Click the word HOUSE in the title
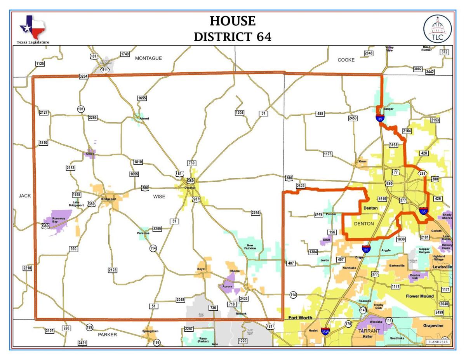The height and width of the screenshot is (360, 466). pyautogui.click(x=233, y=21)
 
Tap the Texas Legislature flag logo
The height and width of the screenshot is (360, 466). pyautogui.click(x=33, y=27)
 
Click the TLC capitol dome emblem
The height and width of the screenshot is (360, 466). pyautogui.click(x=437, y=29)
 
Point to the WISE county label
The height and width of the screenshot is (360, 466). pyautogui.click(x=159, y=197)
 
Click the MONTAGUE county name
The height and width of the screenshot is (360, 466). pyautogui.click(x=148, y=58)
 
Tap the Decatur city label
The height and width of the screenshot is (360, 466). pyautogui.click(x=190, y=188)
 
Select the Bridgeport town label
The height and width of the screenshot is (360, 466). pyautogui.click(x=109, y=199)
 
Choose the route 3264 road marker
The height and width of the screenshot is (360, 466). pyautogui.click(x=83, y=77)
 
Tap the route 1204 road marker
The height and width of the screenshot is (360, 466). pyautogui.click(x=240, y=113)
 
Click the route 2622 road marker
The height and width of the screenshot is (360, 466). pyautogui.click(x=301, y=186)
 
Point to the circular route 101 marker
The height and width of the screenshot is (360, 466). pyautogui.click(x=81, y=109)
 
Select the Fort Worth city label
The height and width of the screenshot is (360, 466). pyautogui.click(x=300, y=318)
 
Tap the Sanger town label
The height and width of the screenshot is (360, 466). pyautogui.click(x=388, y=109)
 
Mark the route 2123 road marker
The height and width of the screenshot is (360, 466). pyautogui.click(x=113, y=270)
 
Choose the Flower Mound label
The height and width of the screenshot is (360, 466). pyautogui.click(x=419, y=296)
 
